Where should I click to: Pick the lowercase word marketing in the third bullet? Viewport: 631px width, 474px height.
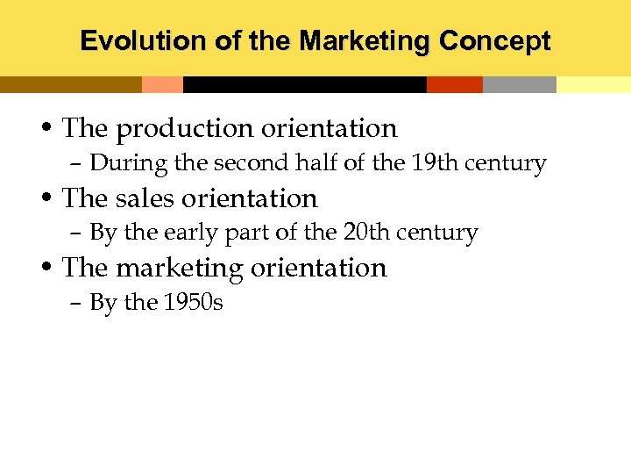[180, 268]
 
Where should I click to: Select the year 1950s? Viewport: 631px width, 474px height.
[194, 303]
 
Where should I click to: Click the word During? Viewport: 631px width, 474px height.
[120, 163]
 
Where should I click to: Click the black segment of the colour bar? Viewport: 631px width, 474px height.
[304, 84]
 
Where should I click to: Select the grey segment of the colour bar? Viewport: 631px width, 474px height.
[519, 84]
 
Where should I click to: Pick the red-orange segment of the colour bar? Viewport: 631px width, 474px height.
[454, 84]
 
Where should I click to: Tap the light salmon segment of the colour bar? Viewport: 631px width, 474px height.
[162, 84]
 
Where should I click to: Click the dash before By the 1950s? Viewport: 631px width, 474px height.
[75, 304]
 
